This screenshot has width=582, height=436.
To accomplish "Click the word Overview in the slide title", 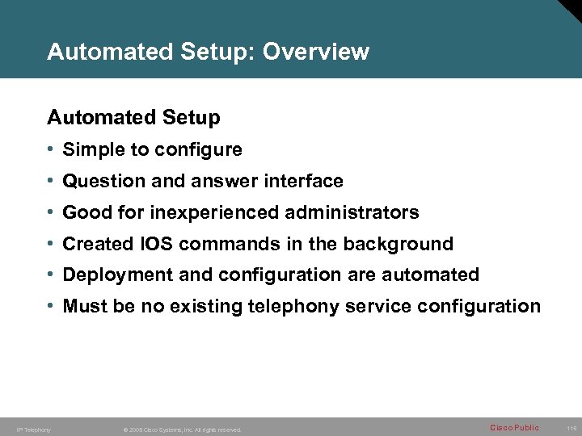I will pos(316,52).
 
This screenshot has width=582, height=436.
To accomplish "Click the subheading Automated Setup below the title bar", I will pos(133,118).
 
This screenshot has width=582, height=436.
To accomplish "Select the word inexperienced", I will pos(212,213).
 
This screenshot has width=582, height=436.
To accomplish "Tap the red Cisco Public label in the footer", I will pos(514,428).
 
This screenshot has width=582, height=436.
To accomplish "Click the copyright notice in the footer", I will pos(181,430).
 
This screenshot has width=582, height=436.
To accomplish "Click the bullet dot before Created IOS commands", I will pos(51,244).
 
